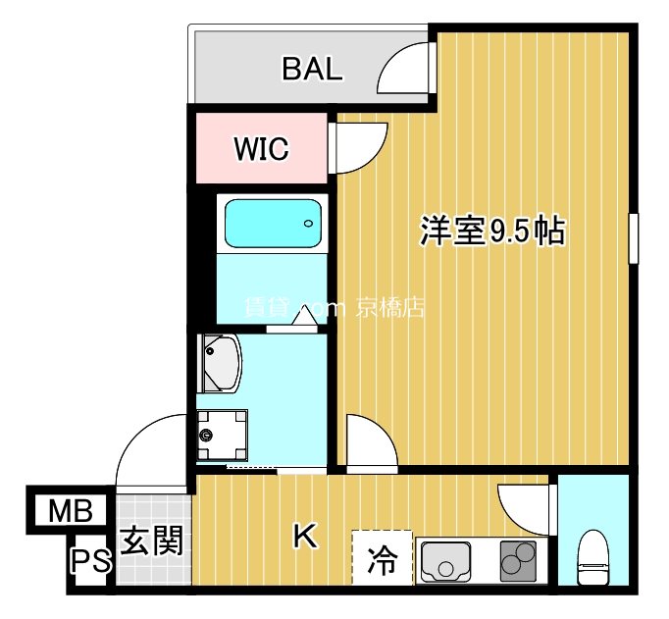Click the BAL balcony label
(312, 69)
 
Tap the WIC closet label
(261, 149)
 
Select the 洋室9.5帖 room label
(491, 231)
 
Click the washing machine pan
(221, 433)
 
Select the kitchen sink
(446, 561)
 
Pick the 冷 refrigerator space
(380, 561)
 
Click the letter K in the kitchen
(305, 536)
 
